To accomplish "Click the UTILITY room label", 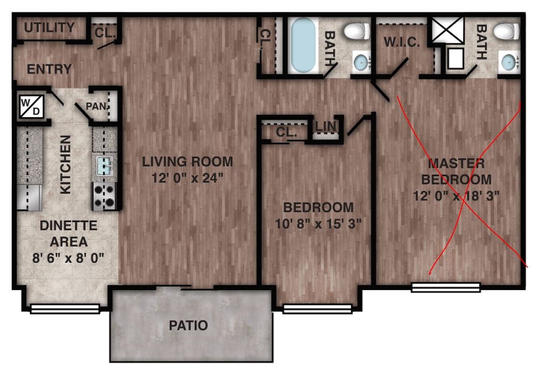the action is pyautogui.click(x=49, y=27).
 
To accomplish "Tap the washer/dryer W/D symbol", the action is pyautogui.click(x=31, y=106).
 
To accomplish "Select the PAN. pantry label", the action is pyautogui.click(x=96, y=106).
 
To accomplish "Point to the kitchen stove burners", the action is pyautogui.click(x=104, y=196).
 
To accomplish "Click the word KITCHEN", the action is pyautogui.click(x=65, y=164).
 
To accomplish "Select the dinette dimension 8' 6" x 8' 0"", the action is pyautogui.click(x=68, y=258).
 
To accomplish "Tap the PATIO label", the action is pyautogui.click(x=188, y=326).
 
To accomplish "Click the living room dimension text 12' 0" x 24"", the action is pyautogui.click(x=187, y=178).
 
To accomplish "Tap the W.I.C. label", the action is pyautogui.click(x=402, y=42).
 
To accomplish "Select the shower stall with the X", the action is pyautogui.click(x=448, y=30).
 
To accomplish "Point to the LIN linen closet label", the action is pyautogui.click(x=326, y=126).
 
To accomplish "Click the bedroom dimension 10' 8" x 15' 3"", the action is pyautogui.click(x=318, y=224).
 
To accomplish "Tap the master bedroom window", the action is pyautogui.click(x=446, y=288).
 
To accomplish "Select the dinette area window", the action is pyautogui.click(x=65, y=309).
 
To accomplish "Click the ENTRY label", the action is pyautogui.click(x=49, y=70).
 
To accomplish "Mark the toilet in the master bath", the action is pyautogui.click(x=507, y=31).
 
